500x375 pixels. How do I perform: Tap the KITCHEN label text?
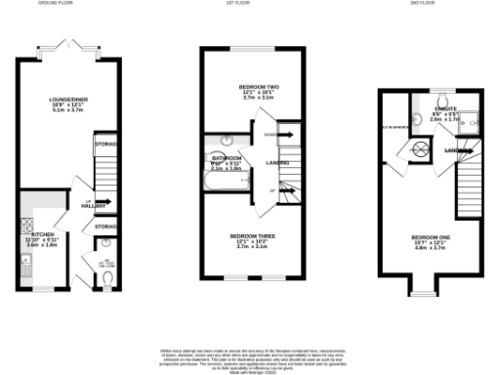(42, 235)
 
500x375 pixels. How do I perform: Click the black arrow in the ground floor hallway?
(102, 204)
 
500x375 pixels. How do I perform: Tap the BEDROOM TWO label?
(253, 88)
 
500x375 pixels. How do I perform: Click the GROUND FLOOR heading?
(57, 4)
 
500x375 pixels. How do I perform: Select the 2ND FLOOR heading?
(434, 4)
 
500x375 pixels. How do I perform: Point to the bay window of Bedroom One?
(424, 287)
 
